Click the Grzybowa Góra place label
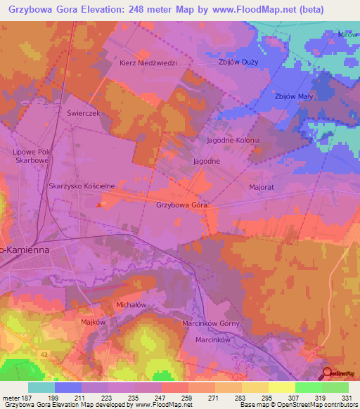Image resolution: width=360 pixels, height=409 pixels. click(181, 205)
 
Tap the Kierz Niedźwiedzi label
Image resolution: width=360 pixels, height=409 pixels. click(148, 62)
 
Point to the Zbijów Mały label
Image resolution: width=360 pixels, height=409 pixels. click(295, 96)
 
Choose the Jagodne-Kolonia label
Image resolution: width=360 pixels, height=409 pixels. click(233, 141)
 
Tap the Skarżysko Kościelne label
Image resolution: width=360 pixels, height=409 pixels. click(82, 186)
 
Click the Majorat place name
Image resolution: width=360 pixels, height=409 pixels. click(261, 188)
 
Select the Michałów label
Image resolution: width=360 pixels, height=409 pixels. click(130, 305)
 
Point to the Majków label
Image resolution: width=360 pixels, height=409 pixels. click(93, 321)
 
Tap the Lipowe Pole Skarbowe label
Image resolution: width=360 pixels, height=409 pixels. click(33, 155)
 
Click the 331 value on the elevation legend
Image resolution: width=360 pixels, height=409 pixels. click(347, 398)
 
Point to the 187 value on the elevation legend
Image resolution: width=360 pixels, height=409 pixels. click(27, 398)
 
